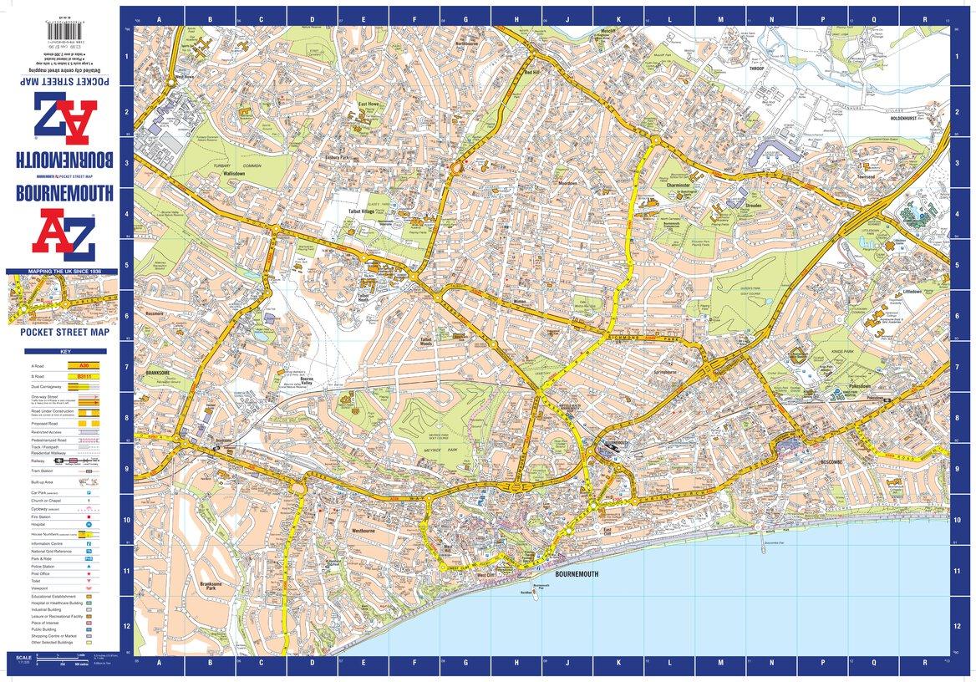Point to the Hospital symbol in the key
[88, 524]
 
